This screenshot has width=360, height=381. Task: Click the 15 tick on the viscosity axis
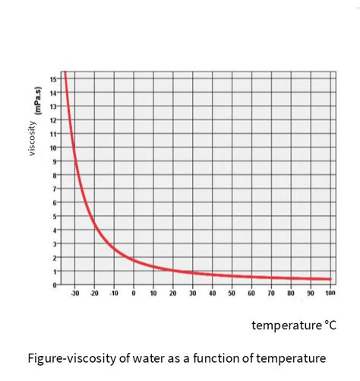click(53, 79)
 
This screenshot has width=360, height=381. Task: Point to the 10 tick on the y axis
click(53, 148)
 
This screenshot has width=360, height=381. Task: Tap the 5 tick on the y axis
click(54, 216)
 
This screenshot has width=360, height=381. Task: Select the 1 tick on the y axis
click(54, 271)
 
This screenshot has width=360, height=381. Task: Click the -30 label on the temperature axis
click(74, 293)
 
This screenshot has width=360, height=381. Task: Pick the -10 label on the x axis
click(114, 293)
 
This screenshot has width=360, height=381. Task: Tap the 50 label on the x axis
click(232, 293)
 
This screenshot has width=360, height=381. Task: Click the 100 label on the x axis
click(330, 293)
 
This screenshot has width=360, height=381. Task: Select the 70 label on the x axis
click(271, 293)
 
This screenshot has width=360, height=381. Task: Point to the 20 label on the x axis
click(173, 293)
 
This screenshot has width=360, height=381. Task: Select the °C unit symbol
click(329, 325)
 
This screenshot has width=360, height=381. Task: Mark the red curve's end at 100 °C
click(330, 279)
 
